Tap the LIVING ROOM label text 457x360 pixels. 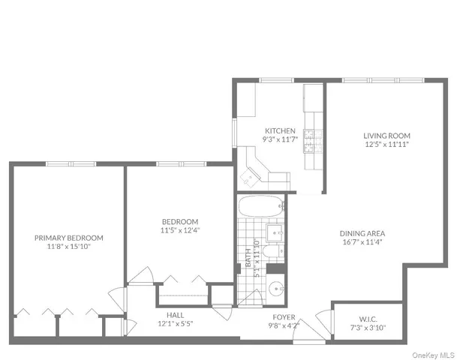[387, 136]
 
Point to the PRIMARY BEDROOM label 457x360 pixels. [69, 238]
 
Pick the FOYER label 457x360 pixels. [284, 316]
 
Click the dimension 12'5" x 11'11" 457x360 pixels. [387, 145]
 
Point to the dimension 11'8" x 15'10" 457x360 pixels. [69, 247]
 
